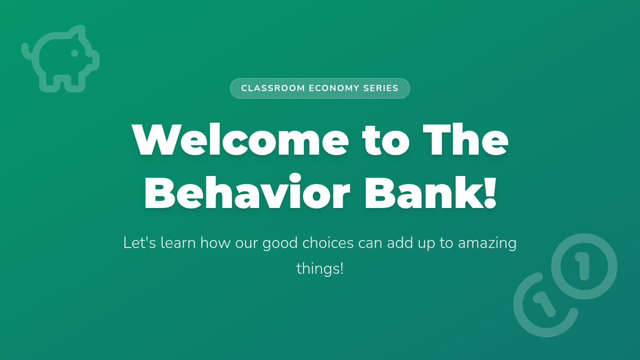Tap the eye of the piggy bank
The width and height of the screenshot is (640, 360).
click(x=75, y=53)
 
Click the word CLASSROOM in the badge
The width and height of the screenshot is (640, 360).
click(x=273, y=89)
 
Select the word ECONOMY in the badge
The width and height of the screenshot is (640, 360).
click(x=334, y=89)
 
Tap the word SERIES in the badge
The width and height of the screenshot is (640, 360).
click(x=381, y=89)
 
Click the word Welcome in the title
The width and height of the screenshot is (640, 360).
click(x=241, y=139)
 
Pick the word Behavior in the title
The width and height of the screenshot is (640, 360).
click(x=247, y=191)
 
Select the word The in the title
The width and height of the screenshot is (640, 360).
click(x=466, y=139)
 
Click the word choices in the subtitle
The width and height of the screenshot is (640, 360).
click(x=328, y=243)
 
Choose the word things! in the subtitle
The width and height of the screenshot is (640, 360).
click(x=319, y=269)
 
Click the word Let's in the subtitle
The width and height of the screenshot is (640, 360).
click(x=140, y=243)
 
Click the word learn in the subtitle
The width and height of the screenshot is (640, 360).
click(x=178, y=243)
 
